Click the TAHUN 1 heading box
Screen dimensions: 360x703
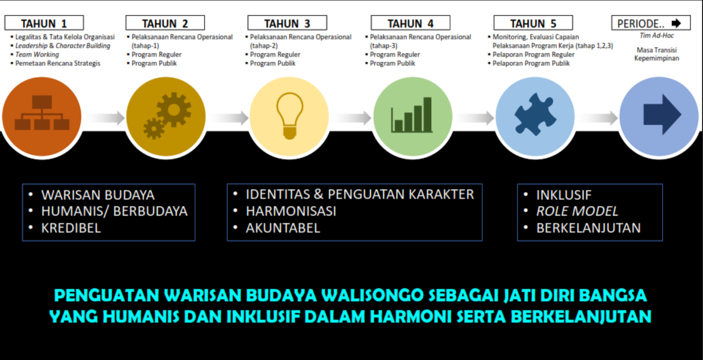point(44,23)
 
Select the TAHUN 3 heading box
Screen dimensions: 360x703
point(287,23)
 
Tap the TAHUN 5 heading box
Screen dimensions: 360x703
point(533,23)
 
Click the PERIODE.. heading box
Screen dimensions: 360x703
point(650,23)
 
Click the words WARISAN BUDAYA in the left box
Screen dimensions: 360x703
point(98,195)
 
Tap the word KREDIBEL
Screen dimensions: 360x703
point(71,228)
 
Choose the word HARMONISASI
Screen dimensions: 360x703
point(291,211)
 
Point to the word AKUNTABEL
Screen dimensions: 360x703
point(283,228)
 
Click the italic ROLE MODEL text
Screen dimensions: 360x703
point(577,211)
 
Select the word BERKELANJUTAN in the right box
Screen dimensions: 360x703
point(588,228)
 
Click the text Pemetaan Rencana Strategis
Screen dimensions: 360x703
point(57,63)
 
